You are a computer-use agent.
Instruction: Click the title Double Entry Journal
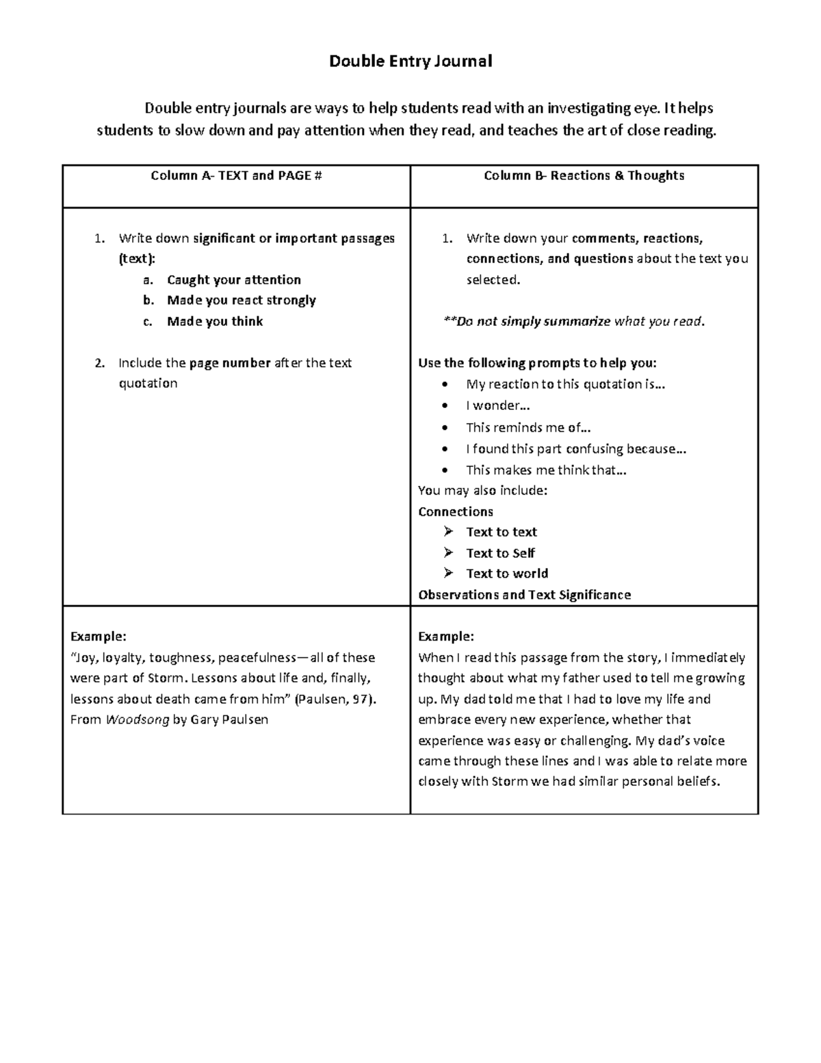[x=410, y=62]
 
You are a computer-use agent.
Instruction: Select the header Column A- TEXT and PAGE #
[x=236, y=176]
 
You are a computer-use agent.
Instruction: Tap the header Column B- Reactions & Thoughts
[x=584, y=176]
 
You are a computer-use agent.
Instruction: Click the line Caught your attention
[x=234, y=280]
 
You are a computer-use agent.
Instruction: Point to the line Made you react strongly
[x=242, y=300]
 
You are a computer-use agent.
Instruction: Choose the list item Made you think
[x=215, y=322]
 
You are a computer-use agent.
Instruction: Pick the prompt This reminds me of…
[x=528, y=428]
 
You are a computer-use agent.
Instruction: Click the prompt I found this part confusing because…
[x=576, y=449]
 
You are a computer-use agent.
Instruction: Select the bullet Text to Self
[x=500, y=553]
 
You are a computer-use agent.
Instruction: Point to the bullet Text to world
[x=507, y=574]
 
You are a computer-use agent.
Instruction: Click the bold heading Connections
[x=456, y=512]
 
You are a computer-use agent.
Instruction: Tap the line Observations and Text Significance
[x=524, y=595]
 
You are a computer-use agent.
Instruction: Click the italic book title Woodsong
[x=137, y=720]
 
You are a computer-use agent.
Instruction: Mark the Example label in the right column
[x=446, y=637]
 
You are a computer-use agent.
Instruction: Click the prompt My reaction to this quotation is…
[x=566, y=385]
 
